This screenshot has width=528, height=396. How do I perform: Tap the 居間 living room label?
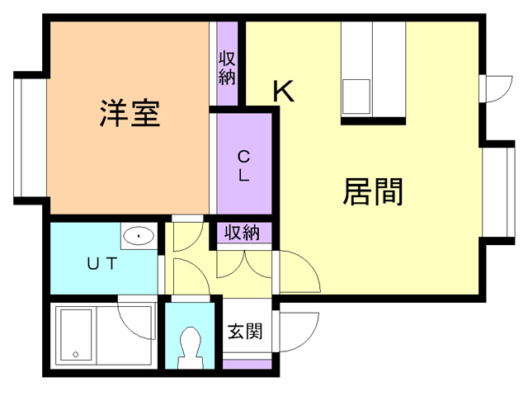pyautogui.click(x=373, y=192)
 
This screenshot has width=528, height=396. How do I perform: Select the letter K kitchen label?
pyautogui.click(x=283, y=91)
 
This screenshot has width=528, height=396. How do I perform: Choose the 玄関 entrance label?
pyautogui.click(x=245, y=332)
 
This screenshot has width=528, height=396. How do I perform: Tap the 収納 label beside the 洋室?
pyautogui.click(x=228, y=69)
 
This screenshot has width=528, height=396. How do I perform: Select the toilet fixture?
pyautogui.click(x=190, y=346)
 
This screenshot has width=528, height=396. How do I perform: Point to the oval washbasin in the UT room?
pyautogui.click(x=139, y=237)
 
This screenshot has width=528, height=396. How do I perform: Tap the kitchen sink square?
pyautogui.click(x=357, y=96)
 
